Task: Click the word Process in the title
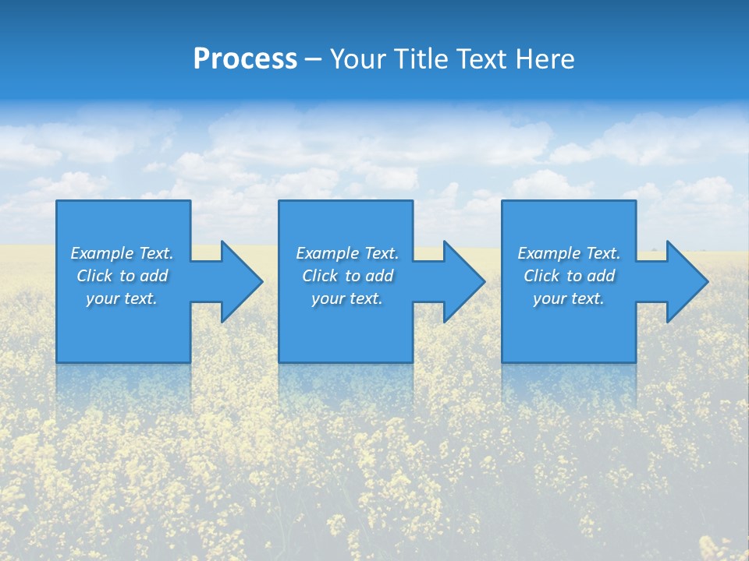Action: click(245, 59)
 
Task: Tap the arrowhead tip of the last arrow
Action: click(707, 281)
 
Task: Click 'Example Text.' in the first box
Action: click(122, 253)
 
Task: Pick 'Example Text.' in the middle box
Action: click(347, 253)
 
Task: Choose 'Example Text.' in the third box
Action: click(569, 253)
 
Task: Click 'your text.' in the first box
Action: click(122, 298)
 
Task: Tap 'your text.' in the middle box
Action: click(347, 298)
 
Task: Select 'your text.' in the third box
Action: click(569, 298)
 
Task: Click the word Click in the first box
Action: click(94, 276)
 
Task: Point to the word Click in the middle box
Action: click(320, 276)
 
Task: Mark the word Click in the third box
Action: click(541, 276)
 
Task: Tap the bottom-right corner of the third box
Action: click(635, 362)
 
